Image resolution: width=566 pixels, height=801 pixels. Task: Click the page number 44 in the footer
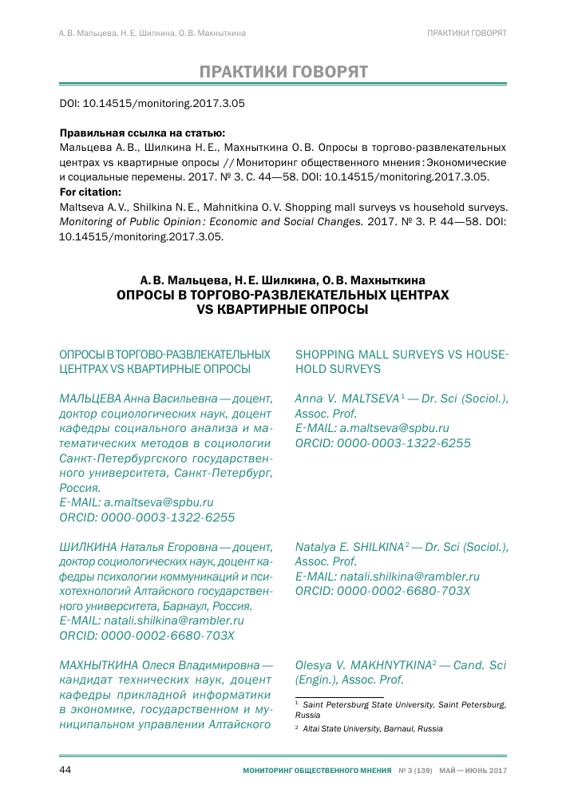pyautogui.click(x=66, y=770)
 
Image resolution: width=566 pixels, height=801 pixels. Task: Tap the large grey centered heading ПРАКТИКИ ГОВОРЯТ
pyautogui.click(x=283, y=72)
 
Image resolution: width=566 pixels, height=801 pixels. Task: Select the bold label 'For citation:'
pyautogui.click(x=91, y=192)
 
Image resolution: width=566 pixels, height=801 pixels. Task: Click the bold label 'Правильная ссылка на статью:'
pyautogui.click(x=142, y=133)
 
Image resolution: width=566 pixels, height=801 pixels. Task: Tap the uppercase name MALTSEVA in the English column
pyautogui.click(x=370, y=398)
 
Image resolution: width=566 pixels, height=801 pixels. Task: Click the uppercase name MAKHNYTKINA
pyautogui.click(x=385, y=664)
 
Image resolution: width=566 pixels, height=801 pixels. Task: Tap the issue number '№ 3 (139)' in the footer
pyautogui.click(x=415, y=771)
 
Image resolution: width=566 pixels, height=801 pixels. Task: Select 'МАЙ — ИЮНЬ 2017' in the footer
pyautogui.click(x=473, y=771)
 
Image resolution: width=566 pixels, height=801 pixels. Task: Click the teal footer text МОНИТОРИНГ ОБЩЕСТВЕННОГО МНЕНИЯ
pyautogui.click(x=318, y=771)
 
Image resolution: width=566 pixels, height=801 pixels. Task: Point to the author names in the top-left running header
pyautogui.click(x=152, y=33)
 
